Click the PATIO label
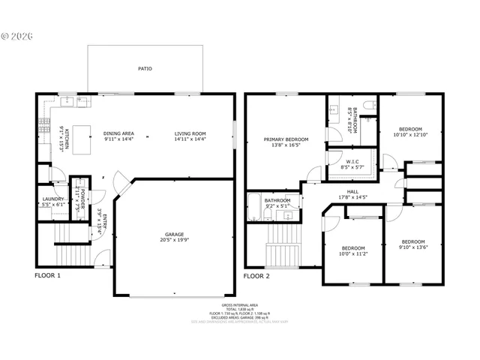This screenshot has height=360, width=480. [x=145, y=68]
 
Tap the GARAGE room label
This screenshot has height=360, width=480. [x=173, y=233]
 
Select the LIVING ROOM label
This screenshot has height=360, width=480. [x=190, y=133]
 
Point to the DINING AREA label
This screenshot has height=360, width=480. [x=118, y=133]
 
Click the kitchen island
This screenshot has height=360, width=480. [x=76, y=136]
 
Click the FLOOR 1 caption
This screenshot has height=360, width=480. [x=49, y=275]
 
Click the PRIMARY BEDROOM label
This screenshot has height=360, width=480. [x=286, y=139]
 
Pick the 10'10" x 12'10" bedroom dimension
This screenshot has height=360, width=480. [x=409, y=135]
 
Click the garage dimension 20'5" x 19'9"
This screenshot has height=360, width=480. [x=173, y=239]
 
